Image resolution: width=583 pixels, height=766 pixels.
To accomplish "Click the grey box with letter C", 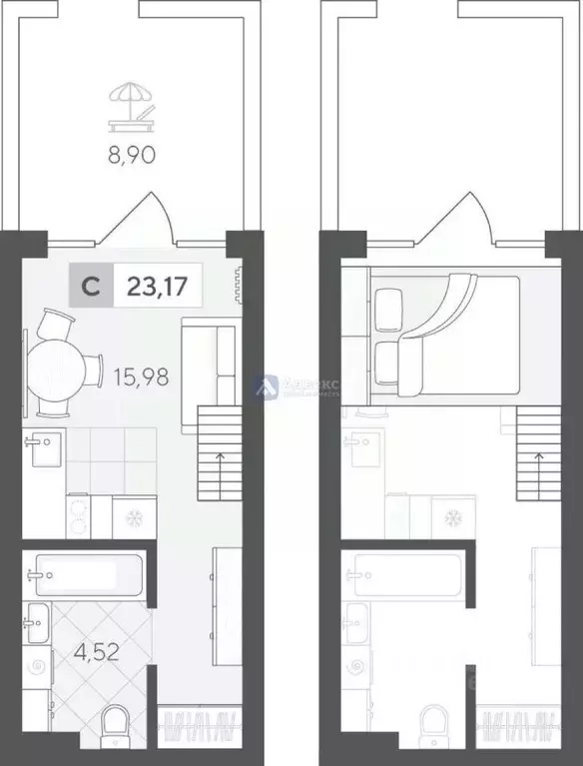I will (90, 288).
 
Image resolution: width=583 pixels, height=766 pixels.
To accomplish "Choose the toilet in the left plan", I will (118, 722).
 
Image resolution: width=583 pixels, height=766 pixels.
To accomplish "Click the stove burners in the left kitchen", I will (78, 517).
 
